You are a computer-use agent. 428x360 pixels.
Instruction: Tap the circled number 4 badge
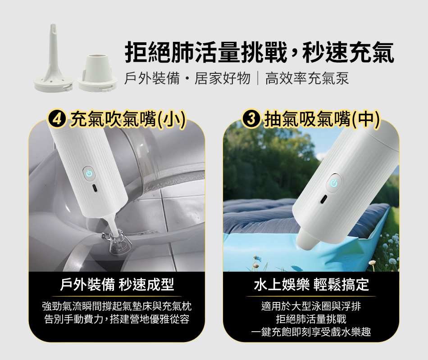[57, 119]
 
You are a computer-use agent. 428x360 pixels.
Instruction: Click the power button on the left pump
[89, 173]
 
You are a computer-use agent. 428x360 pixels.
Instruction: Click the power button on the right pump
[333, 183]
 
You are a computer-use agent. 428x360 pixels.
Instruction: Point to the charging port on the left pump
[94, 188]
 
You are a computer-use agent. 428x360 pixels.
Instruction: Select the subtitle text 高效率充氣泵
[307, 79]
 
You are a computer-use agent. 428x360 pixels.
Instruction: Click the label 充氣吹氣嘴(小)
[128, 119]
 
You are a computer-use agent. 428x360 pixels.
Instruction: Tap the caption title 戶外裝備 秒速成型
[117, 285]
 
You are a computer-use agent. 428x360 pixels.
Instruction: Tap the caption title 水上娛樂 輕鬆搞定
[311, 285]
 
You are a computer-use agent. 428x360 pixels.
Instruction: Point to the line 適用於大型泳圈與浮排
[311, 306]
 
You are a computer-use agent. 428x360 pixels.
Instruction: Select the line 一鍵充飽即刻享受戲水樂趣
[311, 332]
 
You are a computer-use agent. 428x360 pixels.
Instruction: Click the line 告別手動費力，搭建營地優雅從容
[117, 319]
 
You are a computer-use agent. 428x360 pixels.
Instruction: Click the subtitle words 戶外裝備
[152, 79]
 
